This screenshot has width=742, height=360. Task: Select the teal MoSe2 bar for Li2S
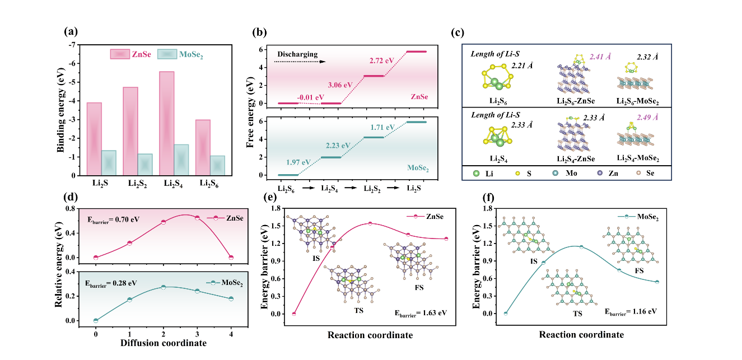click(x=109, y=162)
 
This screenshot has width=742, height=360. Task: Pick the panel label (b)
click(x=259, y=31)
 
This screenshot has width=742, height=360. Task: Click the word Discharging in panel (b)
click(x=298, y=54)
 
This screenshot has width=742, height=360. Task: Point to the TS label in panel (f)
click(x=577, y=314)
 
